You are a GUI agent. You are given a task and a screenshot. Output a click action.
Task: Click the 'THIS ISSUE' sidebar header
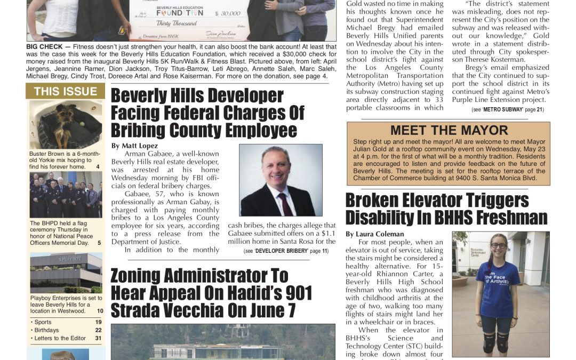coord(65,91)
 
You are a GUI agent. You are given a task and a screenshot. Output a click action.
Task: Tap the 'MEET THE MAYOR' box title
coord(449,130)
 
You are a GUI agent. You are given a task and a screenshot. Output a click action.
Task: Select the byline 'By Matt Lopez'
coord(134,146)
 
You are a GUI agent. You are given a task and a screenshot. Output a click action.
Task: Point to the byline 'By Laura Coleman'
coord(374,234)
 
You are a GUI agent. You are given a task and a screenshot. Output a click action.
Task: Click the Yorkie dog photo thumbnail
coord(65,124)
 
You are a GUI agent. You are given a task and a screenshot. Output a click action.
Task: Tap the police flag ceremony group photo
coord(65,194)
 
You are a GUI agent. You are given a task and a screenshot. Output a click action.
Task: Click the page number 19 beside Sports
coord(99,322)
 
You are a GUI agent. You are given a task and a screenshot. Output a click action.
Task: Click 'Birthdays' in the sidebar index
coord(47,330)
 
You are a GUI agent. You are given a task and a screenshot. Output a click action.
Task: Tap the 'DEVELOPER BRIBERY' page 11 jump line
coord(286,251)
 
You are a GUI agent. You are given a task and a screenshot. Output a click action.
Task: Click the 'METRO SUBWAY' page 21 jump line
coord(507,109)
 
